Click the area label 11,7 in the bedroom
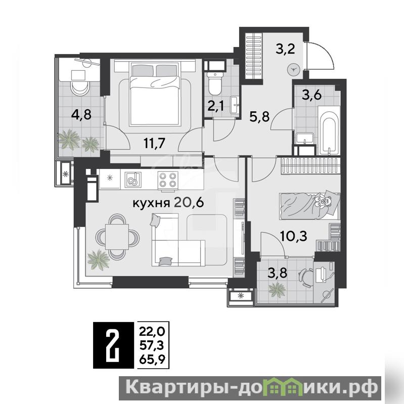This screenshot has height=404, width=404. (154, 143)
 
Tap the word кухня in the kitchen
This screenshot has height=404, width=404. (151, 203)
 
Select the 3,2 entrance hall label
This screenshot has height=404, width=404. (285, 49)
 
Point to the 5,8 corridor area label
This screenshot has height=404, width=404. (259, 116)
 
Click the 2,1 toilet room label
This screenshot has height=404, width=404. (216, 106)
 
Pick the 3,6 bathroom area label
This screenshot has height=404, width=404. (312, 96)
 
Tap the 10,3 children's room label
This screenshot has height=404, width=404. (293, 236)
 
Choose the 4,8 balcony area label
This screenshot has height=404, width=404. (81, 114)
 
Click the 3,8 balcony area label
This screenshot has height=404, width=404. (277, 273)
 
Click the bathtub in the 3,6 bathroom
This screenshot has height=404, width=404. (329, 131)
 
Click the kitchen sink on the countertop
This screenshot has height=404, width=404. (133, 180)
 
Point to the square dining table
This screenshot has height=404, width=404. (117, 236)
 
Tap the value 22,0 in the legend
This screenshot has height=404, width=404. (152, 332)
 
